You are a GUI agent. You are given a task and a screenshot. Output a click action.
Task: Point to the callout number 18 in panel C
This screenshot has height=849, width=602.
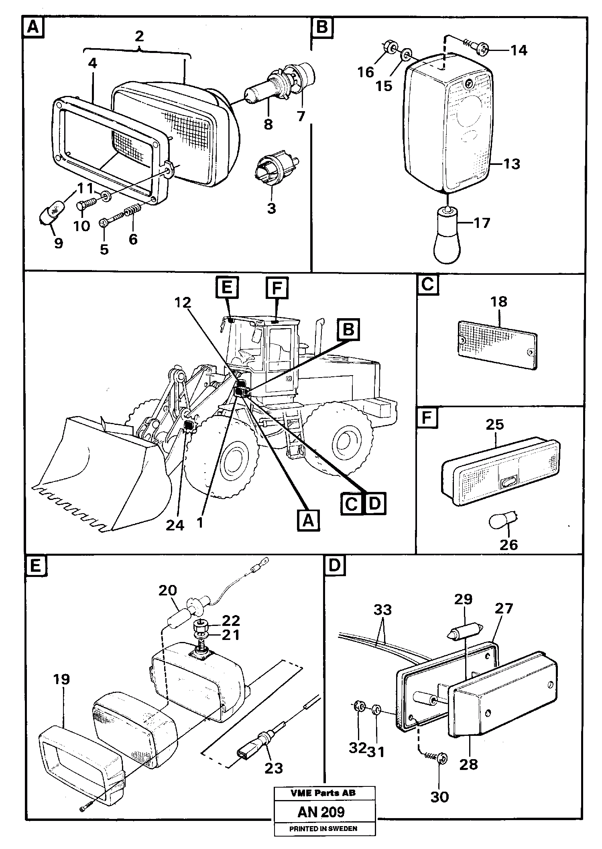coord(499,302)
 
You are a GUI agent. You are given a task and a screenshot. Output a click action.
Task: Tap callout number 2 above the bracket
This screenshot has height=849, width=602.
coord(139,37)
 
